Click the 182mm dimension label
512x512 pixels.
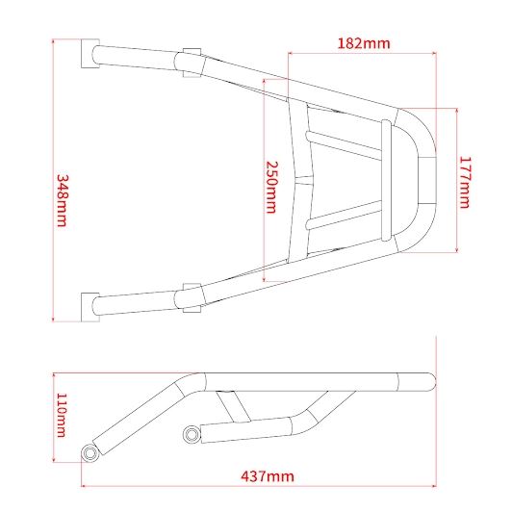tap(364, 43)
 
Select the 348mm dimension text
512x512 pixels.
tap(62, 200)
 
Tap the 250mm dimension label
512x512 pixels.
tap(271, 187)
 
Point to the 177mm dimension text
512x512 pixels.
tap(464, 182)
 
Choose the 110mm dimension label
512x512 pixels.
tap(62, 415)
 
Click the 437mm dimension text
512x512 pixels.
tap(268, 476)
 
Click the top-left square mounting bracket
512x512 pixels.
tap(90, 54)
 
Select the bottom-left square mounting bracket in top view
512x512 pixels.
tap(90, 307)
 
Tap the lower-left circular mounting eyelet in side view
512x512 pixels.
tap(90, 453)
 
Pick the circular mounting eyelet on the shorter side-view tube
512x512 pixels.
tap(192, 434)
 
